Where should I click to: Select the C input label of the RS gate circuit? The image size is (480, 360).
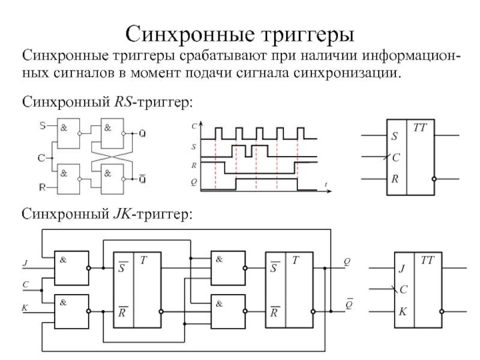tap(41, 158)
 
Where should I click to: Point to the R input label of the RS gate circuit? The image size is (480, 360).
tap(42, 188)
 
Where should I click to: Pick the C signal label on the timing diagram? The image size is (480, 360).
tap(194, 127)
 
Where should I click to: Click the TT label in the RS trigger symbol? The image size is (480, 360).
tap(419, 127)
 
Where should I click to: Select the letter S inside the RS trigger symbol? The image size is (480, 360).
tap(395, 137)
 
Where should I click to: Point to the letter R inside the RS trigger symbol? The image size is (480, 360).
tap(395, 179)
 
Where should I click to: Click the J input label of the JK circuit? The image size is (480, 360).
tap(25, 263)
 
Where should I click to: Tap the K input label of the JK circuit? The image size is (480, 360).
tap(25, 307)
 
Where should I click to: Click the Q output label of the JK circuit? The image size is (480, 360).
tap(347, 262)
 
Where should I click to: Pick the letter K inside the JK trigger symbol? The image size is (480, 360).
tap(402, 312)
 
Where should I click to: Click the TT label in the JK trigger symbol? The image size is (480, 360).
tap(427, 259)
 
